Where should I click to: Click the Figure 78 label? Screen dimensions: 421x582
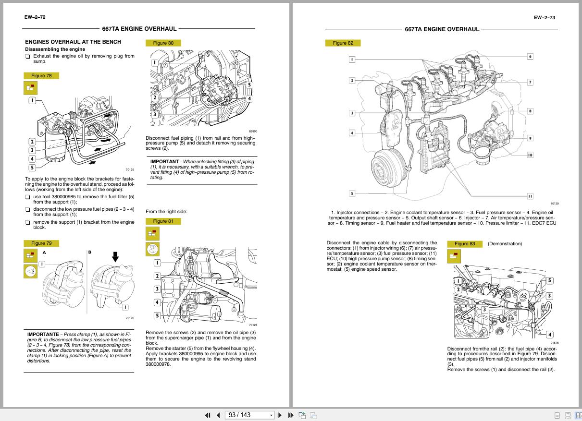tap(41, 76)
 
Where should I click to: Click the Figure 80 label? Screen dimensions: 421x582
tap(163, 43)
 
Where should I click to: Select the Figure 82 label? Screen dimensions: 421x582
tap(343, 43)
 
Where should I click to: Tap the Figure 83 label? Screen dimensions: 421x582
tap(464, 244)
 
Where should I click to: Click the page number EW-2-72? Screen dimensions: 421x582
tap(35, 17)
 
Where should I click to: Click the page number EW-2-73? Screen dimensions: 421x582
tap(544, 18)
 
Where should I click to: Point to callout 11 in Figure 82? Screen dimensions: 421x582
tap(530, 196)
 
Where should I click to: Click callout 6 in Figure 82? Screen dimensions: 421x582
tap(530, 56)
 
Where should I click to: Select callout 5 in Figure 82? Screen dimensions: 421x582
tap(352, 193)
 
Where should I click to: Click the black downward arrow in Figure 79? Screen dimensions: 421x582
tap(115, 256)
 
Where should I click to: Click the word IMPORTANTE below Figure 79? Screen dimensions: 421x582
tap(43, 334)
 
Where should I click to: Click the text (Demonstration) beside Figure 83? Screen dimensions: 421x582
tap(505, 244)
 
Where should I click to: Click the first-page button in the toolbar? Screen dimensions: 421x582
tap(208, 415)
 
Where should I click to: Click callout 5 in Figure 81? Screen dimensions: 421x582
tap(157, 315)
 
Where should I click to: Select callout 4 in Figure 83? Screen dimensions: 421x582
tap(549, 335)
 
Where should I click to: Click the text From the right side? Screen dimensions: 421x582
tap(166, 211)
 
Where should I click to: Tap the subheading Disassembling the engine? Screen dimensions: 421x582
tap(55, 49)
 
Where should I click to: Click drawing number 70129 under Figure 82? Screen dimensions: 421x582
tap(555, 204)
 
